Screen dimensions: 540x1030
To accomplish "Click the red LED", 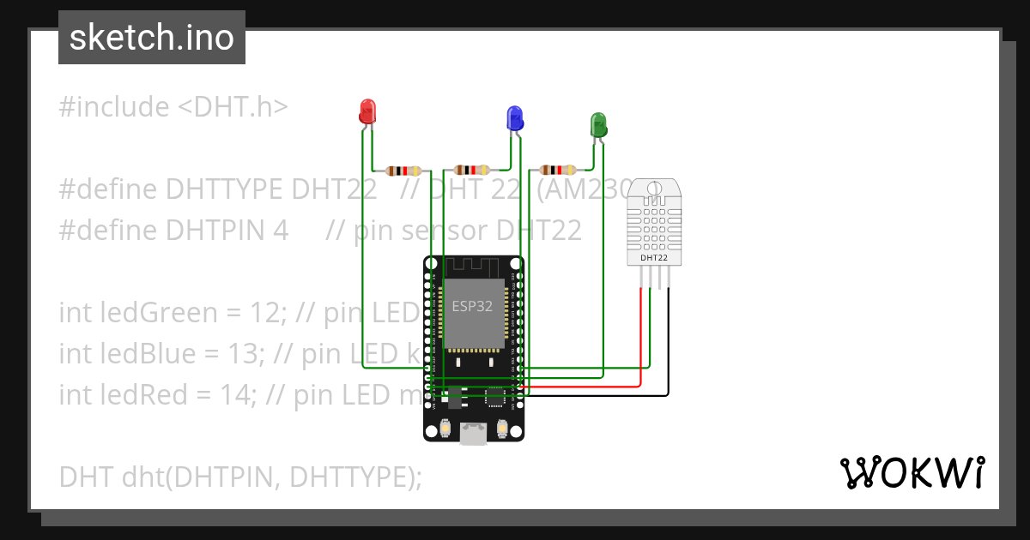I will click(367, 111).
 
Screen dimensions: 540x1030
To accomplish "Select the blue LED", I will click(515, 117).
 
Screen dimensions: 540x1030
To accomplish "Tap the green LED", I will click(598, 125).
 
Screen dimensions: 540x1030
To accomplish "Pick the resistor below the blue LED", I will click(471, 170).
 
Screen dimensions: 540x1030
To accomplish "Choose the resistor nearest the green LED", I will click(557, 170).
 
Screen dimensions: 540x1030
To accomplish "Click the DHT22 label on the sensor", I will click(654, 256).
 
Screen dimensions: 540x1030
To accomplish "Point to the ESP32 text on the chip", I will click(472, 305).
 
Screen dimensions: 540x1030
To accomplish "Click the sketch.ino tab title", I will click(152, 38).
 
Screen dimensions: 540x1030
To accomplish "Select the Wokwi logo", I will click(912, 472).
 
